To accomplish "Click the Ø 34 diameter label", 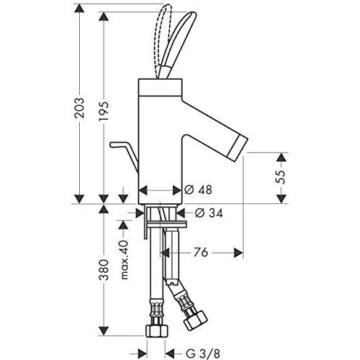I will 208,213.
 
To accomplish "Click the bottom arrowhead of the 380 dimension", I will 104,337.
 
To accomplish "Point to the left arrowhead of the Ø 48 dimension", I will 142,191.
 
